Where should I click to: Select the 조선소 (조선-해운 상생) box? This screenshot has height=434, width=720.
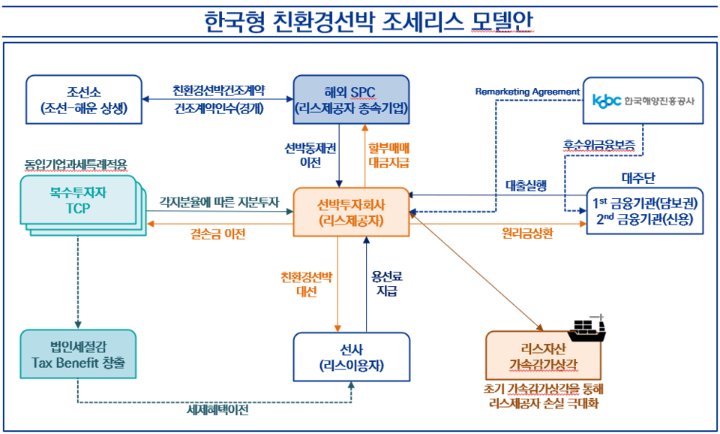pos(84,100)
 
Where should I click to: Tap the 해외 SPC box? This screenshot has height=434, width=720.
pos(351,99)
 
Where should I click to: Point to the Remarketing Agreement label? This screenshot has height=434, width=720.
pos(527,92)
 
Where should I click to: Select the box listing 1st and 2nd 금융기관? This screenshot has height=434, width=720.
pos(645,211)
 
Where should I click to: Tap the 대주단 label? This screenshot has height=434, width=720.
pos(638,178)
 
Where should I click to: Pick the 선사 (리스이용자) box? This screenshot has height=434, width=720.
pos(352,357)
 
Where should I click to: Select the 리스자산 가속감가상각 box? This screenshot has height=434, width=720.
pos(543,357)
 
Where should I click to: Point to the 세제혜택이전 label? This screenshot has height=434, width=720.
pos(217,411)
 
